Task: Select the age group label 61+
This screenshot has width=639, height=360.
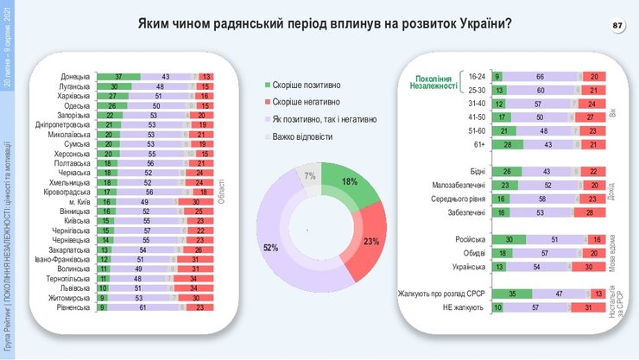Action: coord(477,143)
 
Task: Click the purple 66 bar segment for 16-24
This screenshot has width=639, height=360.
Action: coord(538,78)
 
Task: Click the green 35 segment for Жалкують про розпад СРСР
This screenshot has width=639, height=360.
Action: coord(511,294)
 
